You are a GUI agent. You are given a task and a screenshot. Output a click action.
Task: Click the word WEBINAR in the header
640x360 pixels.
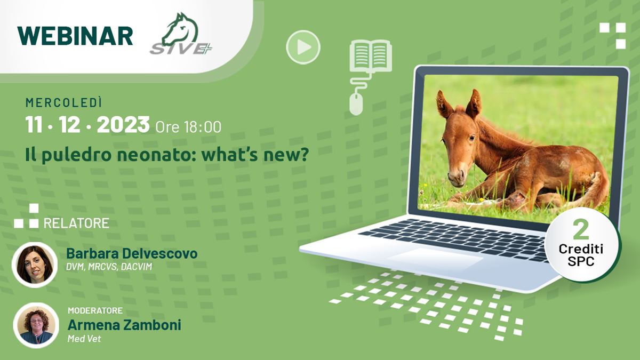tap(75, 36)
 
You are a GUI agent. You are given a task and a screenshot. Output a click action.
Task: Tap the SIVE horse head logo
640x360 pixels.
tap(181, 34)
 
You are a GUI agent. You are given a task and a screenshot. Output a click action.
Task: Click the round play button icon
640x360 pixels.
tap(303, 47)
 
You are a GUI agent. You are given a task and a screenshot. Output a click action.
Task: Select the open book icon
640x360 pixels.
tap(371, 56)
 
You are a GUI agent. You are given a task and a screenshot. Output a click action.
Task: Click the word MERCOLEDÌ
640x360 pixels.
tap(64, 103)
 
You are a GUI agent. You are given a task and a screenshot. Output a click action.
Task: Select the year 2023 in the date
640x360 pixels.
tap(123, 125)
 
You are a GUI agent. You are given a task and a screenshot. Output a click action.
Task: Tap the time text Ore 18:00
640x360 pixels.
tap(188, 127)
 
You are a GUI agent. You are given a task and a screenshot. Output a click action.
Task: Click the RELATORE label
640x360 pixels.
tap(76, 223)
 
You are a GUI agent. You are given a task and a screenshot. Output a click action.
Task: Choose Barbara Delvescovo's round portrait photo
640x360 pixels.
tap(35, 265)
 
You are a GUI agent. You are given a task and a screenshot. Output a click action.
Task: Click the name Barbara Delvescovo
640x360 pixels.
tap(132, 253)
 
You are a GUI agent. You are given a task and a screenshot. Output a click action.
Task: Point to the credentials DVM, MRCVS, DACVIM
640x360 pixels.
tap(109, 267)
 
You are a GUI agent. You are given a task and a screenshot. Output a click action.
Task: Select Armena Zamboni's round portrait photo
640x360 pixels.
tap(36, 325)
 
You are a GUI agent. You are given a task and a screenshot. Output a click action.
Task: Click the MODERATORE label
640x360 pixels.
tap(95, 310)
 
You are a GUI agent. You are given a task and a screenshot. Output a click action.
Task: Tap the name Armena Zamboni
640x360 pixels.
tap(124, 325)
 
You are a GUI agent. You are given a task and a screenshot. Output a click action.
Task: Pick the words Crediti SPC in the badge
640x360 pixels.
tap(581, 255)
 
